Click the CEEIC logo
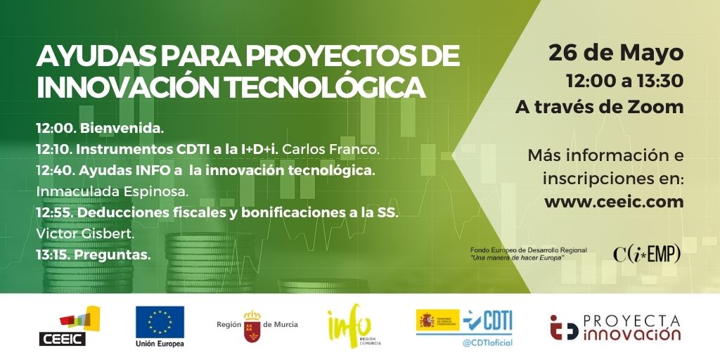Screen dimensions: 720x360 68,326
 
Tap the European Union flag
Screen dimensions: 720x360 160,322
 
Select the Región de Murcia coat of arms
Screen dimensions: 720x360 252,326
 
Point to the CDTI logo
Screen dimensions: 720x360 488,322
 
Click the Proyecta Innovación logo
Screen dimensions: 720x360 616,328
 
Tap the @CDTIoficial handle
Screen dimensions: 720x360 488,343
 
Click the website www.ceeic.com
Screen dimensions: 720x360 614,202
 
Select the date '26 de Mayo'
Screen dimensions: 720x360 616,53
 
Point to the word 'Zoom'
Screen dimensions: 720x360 658,107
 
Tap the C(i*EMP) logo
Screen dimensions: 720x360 647,253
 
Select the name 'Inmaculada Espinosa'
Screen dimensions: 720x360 112,192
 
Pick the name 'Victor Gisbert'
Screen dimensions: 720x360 85,233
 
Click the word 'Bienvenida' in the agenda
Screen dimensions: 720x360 122,129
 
